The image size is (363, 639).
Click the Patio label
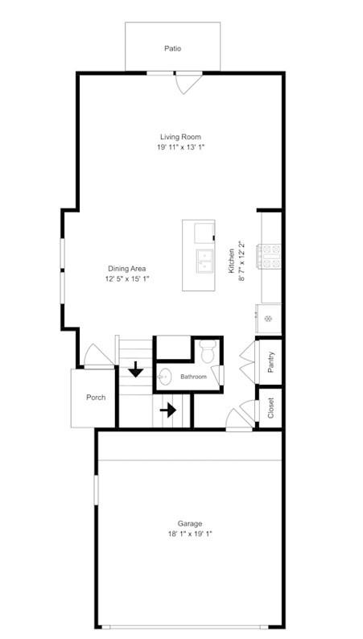click(x=172, y=48)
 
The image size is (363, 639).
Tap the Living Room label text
click(x=179, y=137)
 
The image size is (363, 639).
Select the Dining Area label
click(x=127, y=268)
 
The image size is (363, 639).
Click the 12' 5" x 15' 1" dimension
click(x=127, y=278)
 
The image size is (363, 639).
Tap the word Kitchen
click(x=232, y=262)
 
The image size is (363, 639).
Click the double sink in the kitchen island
click(x=204, y=260)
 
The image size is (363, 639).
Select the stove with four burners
click(x=269, y=256)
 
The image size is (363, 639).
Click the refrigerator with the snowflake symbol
click(x=269, y=318)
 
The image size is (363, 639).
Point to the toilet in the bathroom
click(x=207, y=352)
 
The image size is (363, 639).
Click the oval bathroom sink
click(x=166, y=375)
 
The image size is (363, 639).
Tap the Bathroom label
click(x=193, y=377)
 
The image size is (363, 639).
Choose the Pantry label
click(x=271, y=363)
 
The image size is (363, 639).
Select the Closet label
click(x=271, y=409)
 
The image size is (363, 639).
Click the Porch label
click(x=96, y=398)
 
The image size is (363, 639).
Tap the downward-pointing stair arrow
click(x=136, y=369)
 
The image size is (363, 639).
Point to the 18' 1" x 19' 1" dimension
click(x=191, y=534)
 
